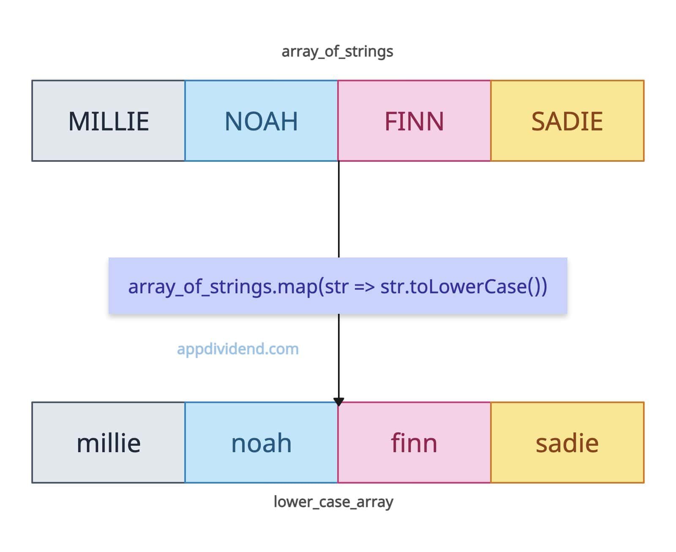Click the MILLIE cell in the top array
tap(108, 120)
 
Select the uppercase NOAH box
tap(261, 120)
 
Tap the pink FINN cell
tap(414, 120)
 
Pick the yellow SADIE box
tap(567, 120)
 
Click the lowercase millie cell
tap(108, 442)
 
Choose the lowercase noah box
tap(261, 442)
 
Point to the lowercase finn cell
tap(414, 442)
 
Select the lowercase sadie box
tap(567, 442)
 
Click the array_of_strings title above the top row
tap(337, 51)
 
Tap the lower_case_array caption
tap(333, 502)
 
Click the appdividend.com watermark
tap(237, 349)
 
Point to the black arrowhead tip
tap(338, 405)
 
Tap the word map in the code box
tap(297, 287)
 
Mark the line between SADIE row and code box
tap(338, 209)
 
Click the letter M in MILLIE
tap(79, 121)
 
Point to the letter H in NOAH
tap(290, 121)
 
